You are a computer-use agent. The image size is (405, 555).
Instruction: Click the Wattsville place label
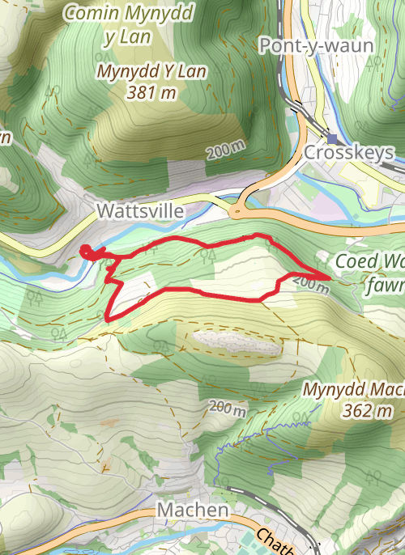point(139,211)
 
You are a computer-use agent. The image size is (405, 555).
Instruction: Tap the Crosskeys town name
point(348,153)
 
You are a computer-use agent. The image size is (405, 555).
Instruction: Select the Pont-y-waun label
point(316,45)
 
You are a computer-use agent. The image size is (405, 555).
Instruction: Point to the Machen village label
point(193,511)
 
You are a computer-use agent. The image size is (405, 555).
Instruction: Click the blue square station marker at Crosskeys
point(331,138)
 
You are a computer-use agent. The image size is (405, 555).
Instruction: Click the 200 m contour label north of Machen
point(226,409)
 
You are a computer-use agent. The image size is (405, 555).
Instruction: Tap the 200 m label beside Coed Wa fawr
point(309,284)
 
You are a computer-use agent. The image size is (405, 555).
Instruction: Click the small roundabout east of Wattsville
point(237,212)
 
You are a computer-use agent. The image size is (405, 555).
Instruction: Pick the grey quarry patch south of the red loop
point(237,343)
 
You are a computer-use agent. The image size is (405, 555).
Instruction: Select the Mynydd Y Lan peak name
point(151,71)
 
